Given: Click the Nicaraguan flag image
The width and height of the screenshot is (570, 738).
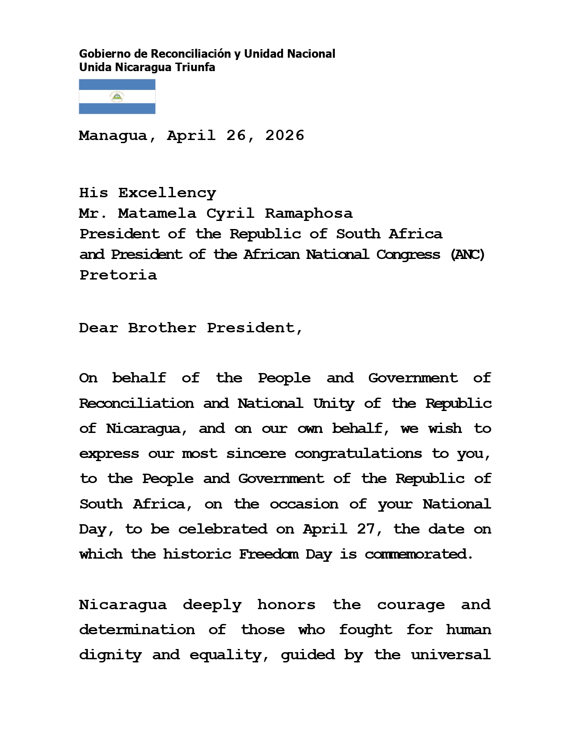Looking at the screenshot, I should pyautogui.click(x=117, y=97).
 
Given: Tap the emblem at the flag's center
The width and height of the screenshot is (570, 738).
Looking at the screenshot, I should pyautogui.click(x=117, y=97).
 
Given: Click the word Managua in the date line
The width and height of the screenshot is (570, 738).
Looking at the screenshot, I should pyautogui.click(x=113, y=136).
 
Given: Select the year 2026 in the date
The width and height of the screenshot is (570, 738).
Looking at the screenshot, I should pyautogui.click(x=285, y=136).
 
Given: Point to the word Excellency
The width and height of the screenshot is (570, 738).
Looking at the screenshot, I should pyautogui.click(x=167, y=193).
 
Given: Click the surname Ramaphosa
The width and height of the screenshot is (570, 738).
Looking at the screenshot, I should pyautogui.click(x=308, y=214).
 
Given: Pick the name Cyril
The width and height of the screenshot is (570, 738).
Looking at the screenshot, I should pyautogui.click(x=230, y=214).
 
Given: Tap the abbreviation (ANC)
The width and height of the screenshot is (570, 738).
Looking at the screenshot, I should pyautogui.click(x=468, y=255).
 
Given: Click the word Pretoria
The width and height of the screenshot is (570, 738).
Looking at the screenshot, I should pyautogui.click(x=118, y=275).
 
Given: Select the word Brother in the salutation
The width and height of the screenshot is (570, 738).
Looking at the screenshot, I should pyautogui.click(x=162, y=328).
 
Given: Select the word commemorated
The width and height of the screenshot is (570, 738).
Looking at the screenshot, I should pyautogui.click(x=418, y=555).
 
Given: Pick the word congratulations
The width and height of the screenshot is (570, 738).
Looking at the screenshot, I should pyautogui.click(x=358, y=454).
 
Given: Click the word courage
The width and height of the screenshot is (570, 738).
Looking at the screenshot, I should pyautogui.click(x=411, y=605).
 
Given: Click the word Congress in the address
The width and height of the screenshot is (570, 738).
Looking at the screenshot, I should pyautogui.click(x=408, y=255).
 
